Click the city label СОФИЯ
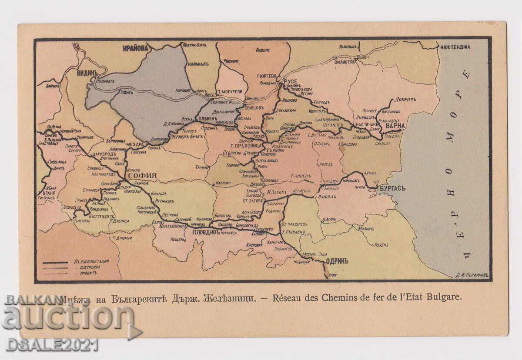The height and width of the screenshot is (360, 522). click(x=141, y=176)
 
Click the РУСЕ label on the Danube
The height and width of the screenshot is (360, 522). click(x=290, y=81)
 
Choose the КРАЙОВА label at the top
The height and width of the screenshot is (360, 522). click(x=135, y=48)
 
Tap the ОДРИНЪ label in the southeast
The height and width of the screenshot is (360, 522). click(x=337, y=261)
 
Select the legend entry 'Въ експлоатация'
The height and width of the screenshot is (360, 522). click(x=91, y=261)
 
